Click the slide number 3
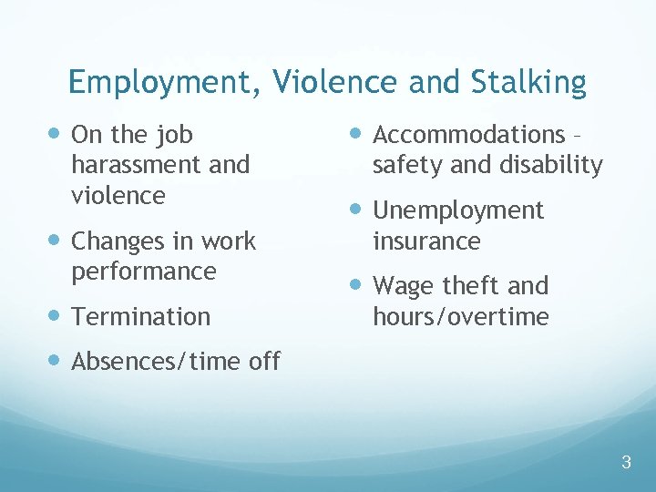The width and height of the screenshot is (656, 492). coord(626,462)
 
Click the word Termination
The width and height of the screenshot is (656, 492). coord(140,316)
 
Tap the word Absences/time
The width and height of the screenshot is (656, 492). coord(157,362)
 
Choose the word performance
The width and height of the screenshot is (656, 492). coord(144,272)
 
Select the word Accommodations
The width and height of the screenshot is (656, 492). coord(469,135)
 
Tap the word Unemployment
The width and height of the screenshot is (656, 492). coord(458,210)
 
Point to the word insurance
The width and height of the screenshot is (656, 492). coord(426,241)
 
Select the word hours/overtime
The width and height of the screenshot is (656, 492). coord(461,317)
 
